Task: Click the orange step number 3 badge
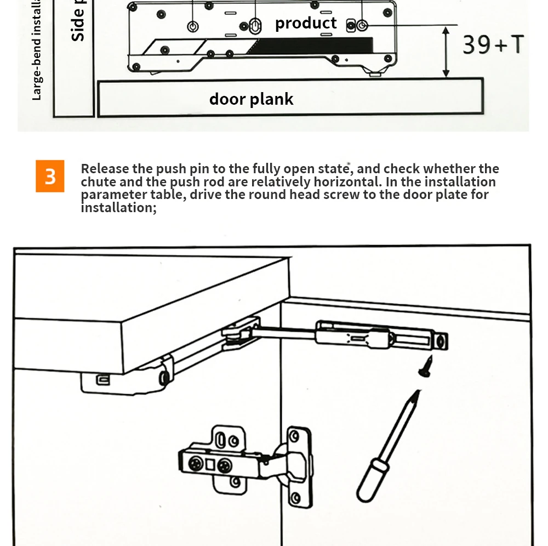[x=50, y=176]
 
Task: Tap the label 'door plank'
[x=252, y=99]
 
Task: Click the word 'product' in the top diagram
[x=306, y=23]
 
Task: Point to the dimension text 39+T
[x=493, y=44]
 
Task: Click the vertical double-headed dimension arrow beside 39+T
[x=446, y=52]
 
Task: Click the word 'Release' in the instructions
[x=104, y=169]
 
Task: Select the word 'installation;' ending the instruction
[x=118, y=208]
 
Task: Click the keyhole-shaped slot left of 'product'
[x=256, y=25]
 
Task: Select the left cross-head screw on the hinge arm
[x=196, y=464]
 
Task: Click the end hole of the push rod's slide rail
[x=441, y=342]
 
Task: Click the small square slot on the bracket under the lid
[x=101, y=378]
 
